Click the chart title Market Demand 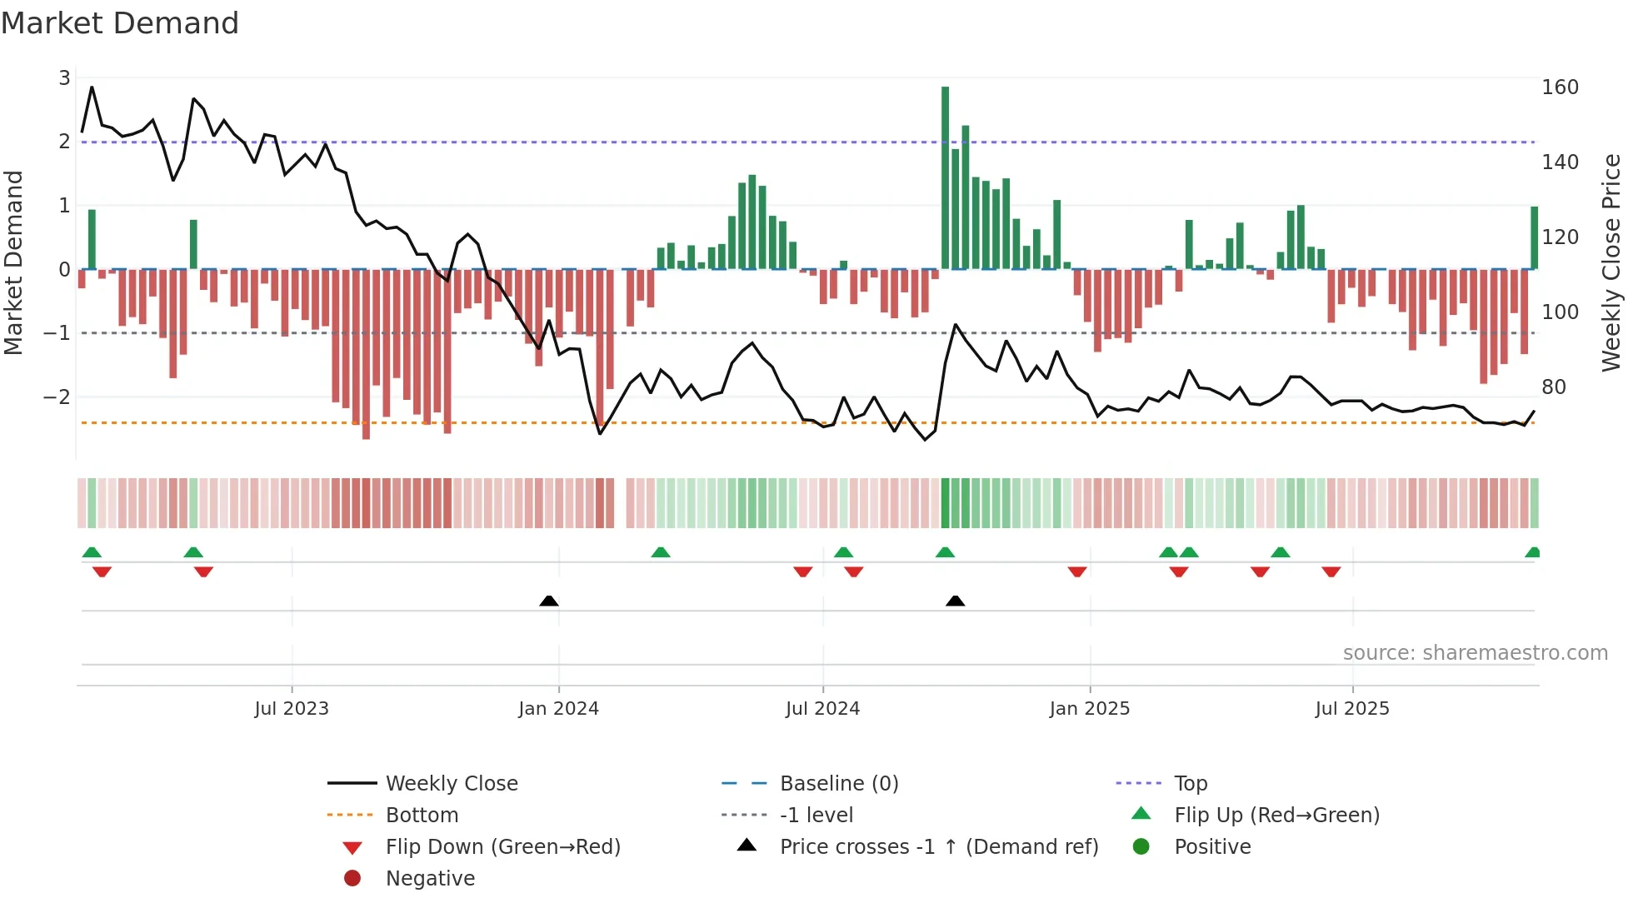[x=120, y=23]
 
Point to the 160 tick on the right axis [x=1560, y=87]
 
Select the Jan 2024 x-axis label [x=558, y=709]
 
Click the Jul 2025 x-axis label [x=1352, y=709]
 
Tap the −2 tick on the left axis [x=57, y=397]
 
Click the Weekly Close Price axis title [x=1611, y=262]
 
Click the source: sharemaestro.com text [x=1475, y=653]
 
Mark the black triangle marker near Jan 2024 [x=549, y=601]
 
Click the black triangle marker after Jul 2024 [x=956, y=601]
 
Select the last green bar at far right [x=1534, y=237]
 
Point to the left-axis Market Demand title [x=13, y=262]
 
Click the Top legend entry [x=1190, y=784]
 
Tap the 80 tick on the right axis [x=1553, y=387]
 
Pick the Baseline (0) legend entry [x=838, y=784]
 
